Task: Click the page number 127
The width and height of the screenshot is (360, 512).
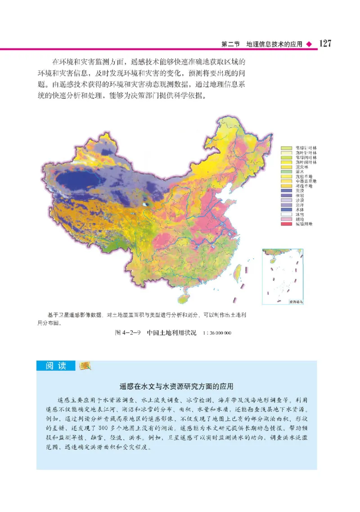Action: [x=325, y=44]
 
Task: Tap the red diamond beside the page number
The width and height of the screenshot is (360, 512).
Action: [x=309, y=45]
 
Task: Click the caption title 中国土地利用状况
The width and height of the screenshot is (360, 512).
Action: [x=171, y=333]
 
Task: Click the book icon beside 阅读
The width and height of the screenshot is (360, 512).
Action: [x=84, y=366]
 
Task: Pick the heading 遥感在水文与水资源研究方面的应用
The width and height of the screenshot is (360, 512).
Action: [x=176, y=386]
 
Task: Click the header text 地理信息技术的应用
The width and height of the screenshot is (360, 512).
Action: [x=274, y=45]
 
